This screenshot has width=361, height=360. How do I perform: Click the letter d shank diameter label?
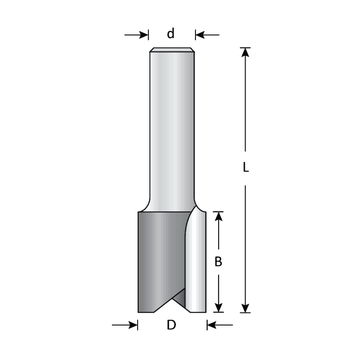point(171,34)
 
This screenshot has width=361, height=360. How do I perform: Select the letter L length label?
point(246,168)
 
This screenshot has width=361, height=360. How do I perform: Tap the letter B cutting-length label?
point(219,262)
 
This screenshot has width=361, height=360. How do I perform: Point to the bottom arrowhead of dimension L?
point(246,308)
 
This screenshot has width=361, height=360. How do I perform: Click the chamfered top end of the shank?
point(172,50)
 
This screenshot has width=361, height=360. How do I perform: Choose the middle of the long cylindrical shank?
point(172,129)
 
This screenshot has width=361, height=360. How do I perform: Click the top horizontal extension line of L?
point(245,47)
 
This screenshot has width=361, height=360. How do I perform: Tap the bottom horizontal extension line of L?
point(245,313)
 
